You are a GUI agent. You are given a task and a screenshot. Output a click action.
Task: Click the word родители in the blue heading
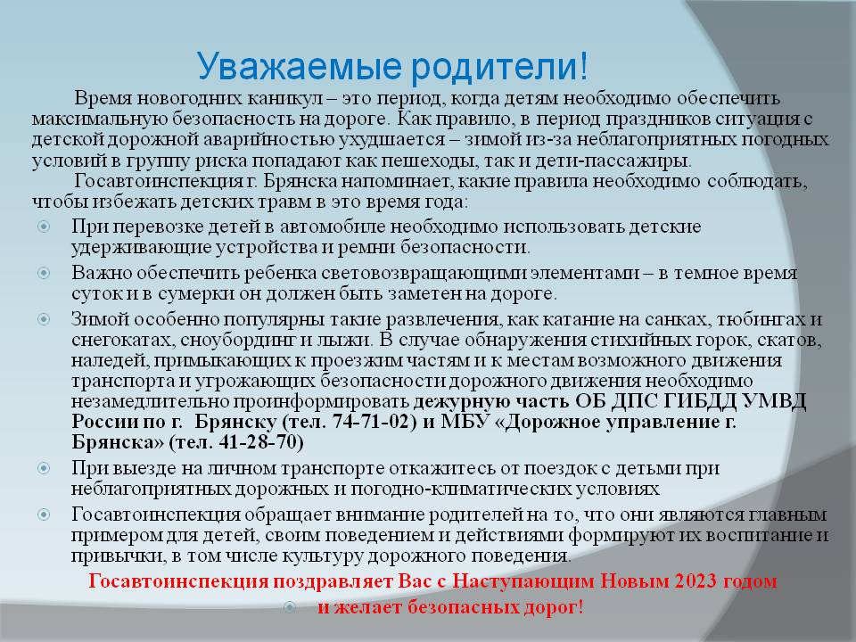pos(493,67)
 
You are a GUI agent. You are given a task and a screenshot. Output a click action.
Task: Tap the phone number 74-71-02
pos(373,422)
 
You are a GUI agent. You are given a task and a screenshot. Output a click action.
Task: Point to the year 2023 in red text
pos(695,580)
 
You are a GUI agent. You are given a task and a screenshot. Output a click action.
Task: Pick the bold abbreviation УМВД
pos(774,401)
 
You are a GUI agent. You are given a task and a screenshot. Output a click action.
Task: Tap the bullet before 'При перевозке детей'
pos(44,226)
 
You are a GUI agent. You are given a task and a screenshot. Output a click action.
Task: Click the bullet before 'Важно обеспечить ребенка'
pos(44,273)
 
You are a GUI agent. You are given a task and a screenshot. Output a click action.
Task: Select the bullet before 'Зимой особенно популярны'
pos(44,319)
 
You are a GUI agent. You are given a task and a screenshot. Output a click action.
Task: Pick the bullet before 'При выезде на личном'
pos(44,468)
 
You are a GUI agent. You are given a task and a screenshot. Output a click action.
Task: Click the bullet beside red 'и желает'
pos(290,606)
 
